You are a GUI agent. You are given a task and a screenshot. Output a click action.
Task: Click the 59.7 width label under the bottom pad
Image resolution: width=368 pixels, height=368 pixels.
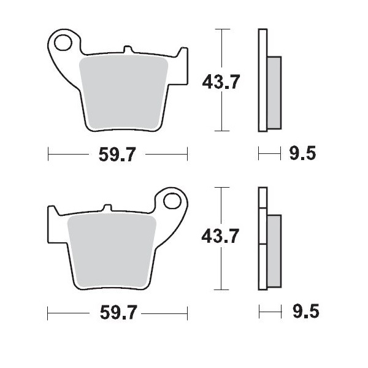[x=117, y=313]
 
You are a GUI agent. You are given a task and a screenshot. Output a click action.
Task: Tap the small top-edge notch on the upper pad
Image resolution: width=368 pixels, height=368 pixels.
[x=127, y=48]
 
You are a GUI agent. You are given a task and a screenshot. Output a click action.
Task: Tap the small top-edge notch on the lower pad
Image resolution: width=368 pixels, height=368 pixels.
[x=108, y=207]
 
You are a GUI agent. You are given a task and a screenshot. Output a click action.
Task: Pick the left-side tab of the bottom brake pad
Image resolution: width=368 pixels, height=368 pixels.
[x=54, y=224]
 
